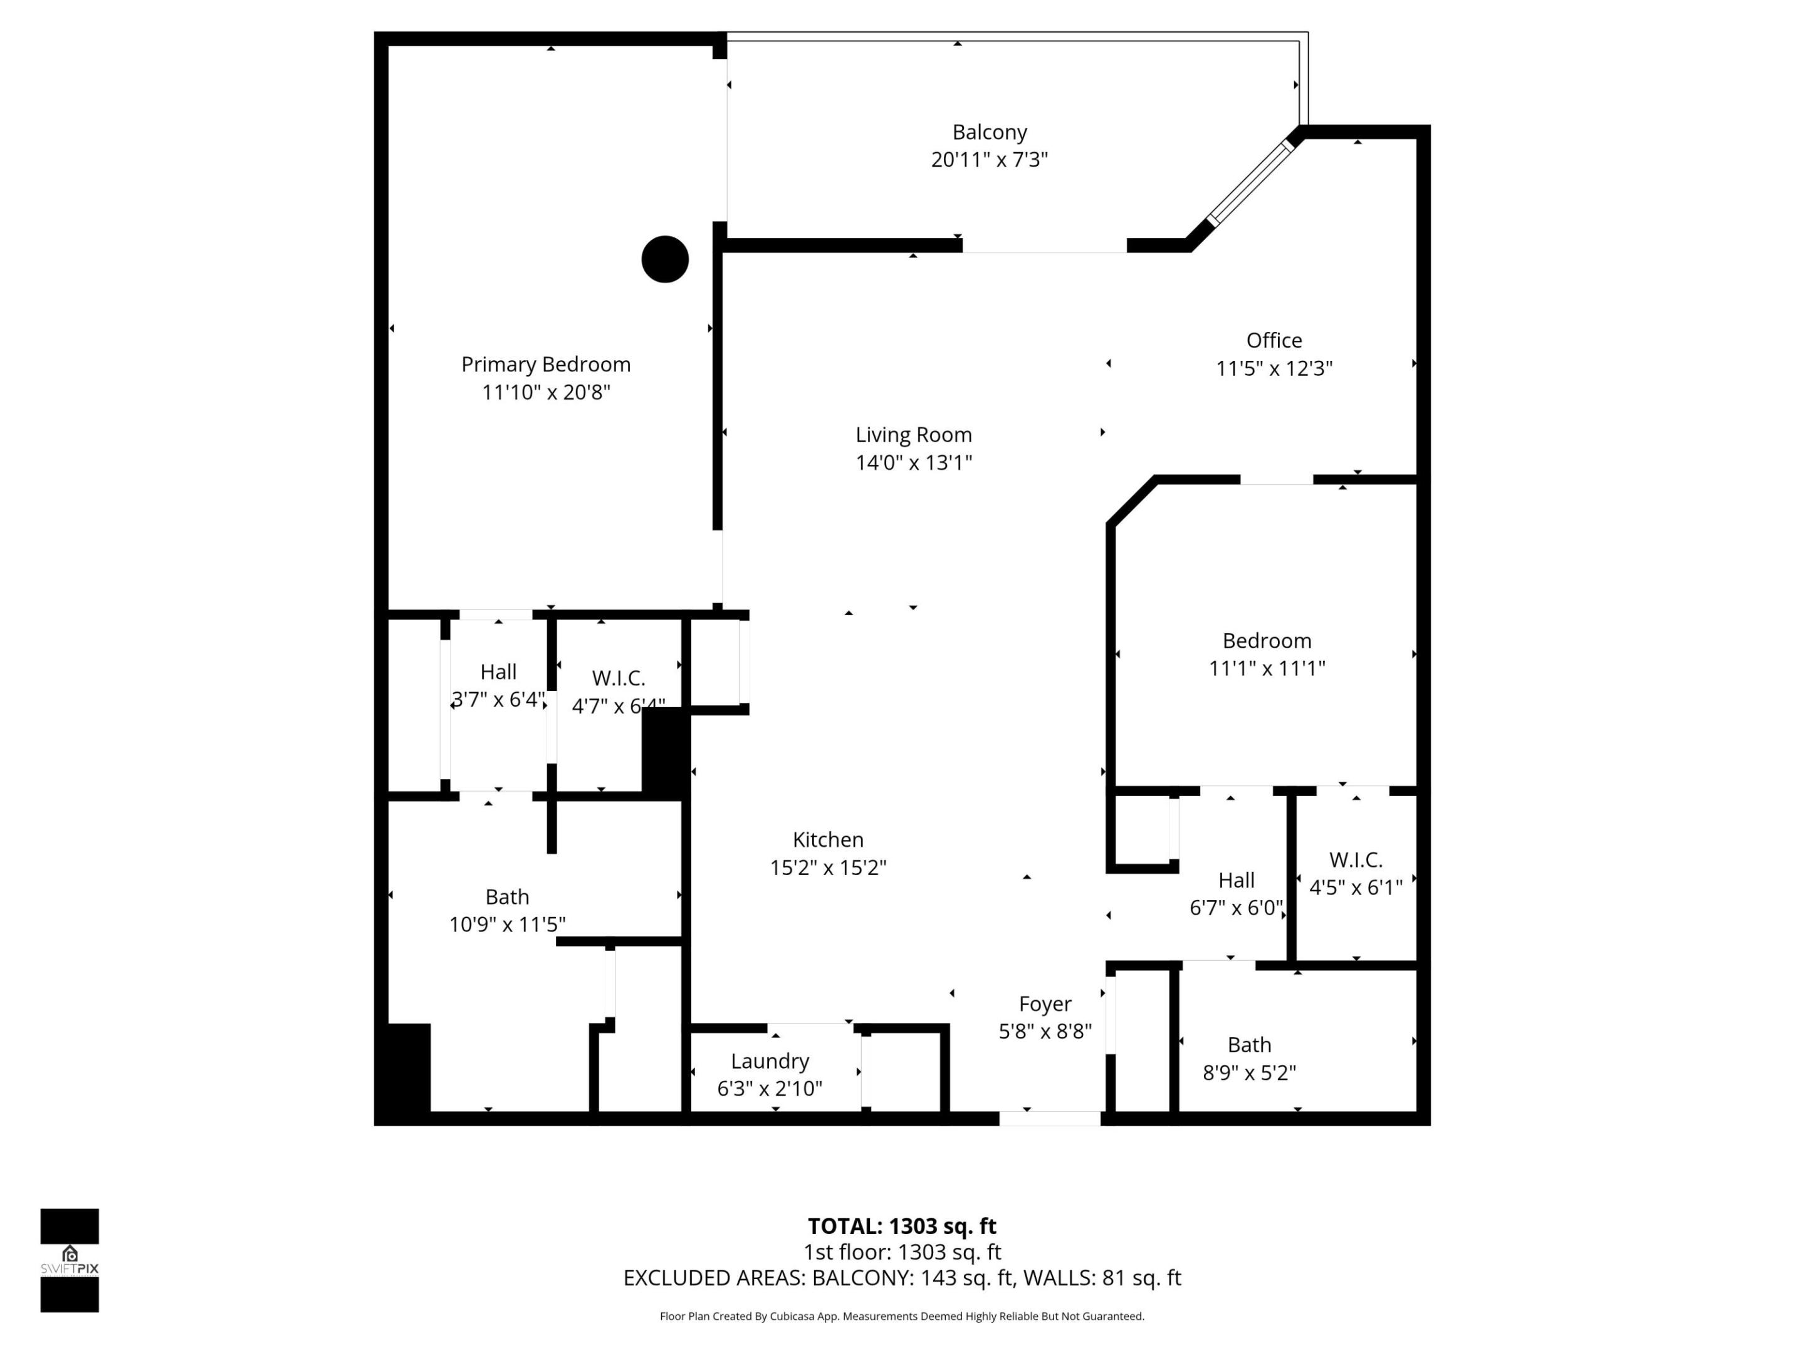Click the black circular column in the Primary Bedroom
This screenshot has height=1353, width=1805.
click(x=665, y=259)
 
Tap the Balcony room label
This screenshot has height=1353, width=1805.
click(x=989, y=132)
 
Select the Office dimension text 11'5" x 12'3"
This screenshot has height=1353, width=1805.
click(x=1274, y=368)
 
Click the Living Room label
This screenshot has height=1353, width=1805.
click(x=913, y=435)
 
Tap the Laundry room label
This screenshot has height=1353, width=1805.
click(x=770, y=1061)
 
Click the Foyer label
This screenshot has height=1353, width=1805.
click(x=1045, y=1004)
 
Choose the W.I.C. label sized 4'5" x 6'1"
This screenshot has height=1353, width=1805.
click(x=1356, y=873)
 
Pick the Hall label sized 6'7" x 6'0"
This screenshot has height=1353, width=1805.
click(x=1235, y=894)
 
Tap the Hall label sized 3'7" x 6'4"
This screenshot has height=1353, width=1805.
click(x=498, y=685)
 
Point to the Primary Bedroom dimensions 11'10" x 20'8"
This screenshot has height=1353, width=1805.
click(x=546, y=392)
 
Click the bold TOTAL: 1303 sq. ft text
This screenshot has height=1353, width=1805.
click(x=902, y=1226)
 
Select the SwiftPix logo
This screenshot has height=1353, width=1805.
click(x=70, y=1260)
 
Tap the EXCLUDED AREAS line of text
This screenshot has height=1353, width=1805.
click(x=902, y=1278)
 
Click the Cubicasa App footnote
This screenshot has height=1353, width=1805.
click(x=902, y=1316)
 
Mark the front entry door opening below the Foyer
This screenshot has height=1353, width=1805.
click(x=1049, y=1119)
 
